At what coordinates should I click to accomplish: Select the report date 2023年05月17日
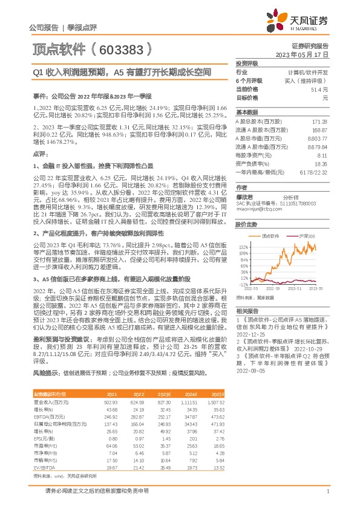coord(301,54)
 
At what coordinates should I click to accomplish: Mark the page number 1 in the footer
coord(327,491)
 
